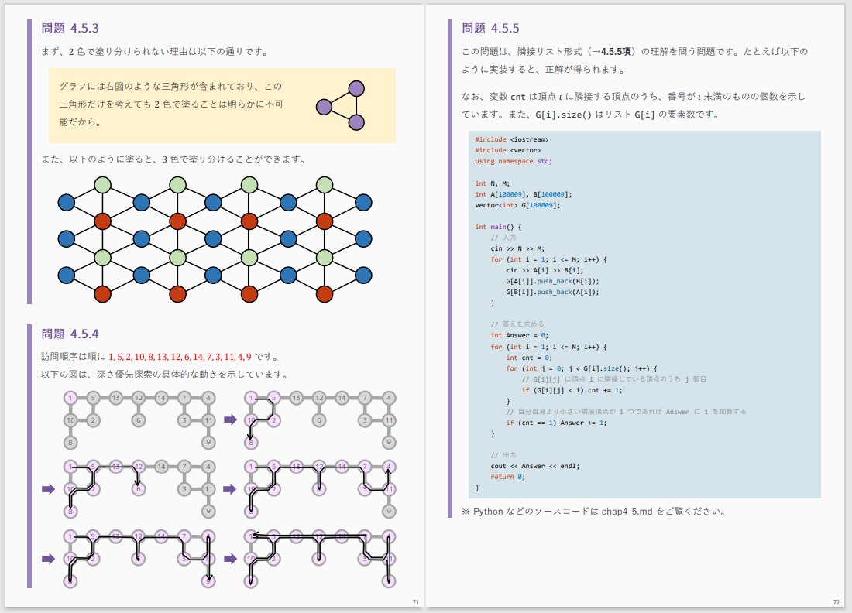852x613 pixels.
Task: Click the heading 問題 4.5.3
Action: pos(70,29)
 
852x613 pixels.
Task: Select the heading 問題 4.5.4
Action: pos(70,334)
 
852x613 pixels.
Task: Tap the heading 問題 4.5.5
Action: pos(490,29)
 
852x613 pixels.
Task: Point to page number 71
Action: pos(416,601)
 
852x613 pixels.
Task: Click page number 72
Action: pos(837,601)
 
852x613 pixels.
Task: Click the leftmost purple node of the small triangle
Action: pos(324,105)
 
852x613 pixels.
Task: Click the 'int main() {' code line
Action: pos(499,227)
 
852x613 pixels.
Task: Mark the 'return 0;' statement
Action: pos(507,477)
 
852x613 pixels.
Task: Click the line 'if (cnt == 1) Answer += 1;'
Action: pos(556,423)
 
